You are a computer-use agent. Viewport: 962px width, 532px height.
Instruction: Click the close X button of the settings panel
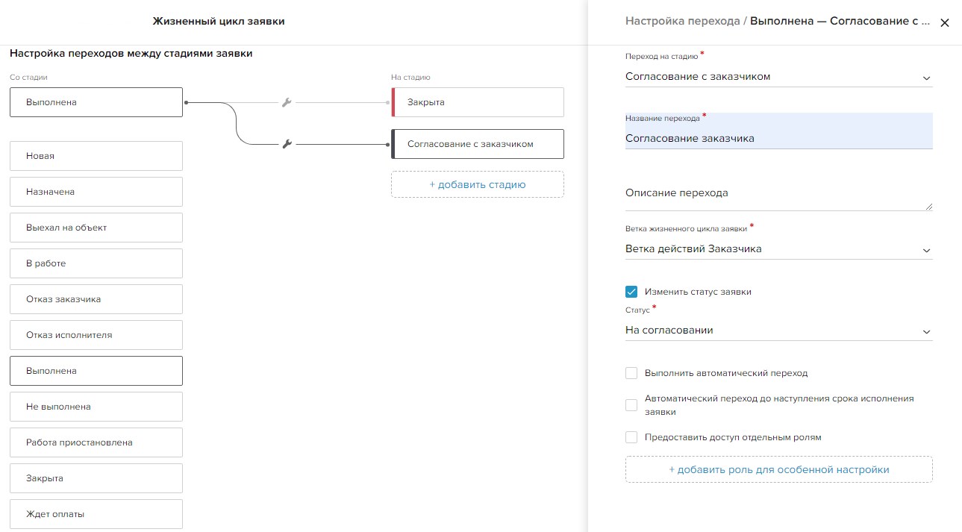(944, 22)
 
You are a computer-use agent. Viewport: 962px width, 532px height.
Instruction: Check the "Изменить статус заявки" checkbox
(631, 292)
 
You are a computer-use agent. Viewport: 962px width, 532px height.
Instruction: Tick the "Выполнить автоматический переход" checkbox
(631, 373)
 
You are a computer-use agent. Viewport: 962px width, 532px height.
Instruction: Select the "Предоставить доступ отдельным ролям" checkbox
(631, 437)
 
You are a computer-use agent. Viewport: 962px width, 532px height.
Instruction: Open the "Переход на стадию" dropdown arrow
(926, 78)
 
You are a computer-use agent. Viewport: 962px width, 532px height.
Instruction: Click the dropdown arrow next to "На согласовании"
(926, 332)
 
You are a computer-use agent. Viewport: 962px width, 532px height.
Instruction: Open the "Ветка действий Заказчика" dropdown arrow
(926, 250)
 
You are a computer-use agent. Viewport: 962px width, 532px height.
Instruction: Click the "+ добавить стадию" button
(478, 184)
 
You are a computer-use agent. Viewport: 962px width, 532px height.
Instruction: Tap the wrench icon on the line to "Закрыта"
(287, 102)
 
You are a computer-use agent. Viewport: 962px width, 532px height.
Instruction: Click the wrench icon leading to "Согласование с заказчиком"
(287, 144)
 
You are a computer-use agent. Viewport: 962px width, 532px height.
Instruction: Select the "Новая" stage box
(96, 156)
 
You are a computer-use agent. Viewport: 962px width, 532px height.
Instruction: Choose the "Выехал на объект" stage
(96, 228)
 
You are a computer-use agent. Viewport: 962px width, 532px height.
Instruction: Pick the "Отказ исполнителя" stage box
(96, 335)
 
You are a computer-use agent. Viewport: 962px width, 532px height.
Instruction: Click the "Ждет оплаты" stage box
(96, 514)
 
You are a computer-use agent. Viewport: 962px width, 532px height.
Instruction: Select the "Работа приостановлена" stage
(96, 442)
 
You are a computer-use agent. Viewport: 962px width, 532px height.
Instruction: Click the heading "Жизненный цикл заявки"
(219, 21)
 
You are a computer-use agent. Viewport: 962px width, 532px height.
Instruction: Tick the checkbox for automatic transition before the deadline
(631, 405)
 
